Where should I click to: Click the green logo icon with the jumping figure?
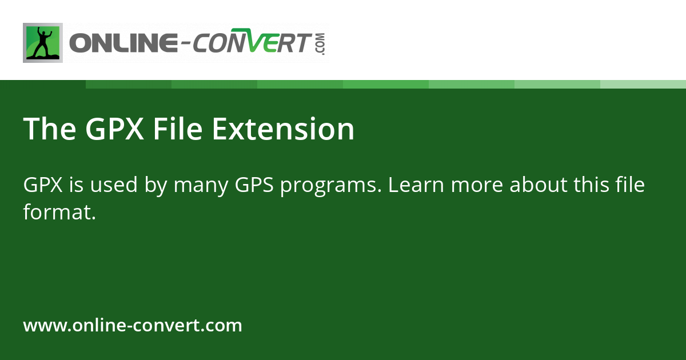click(43, 43)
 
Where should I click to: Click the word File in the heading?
click(177, 129)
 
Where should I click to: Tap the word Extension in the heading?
click(283, 129)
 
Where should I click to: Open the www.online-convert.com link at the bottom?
click(133, 326)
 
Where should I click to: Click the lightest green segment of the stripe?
click(643, 84)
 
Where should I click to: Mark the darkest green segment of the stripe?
click(129, 84)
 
